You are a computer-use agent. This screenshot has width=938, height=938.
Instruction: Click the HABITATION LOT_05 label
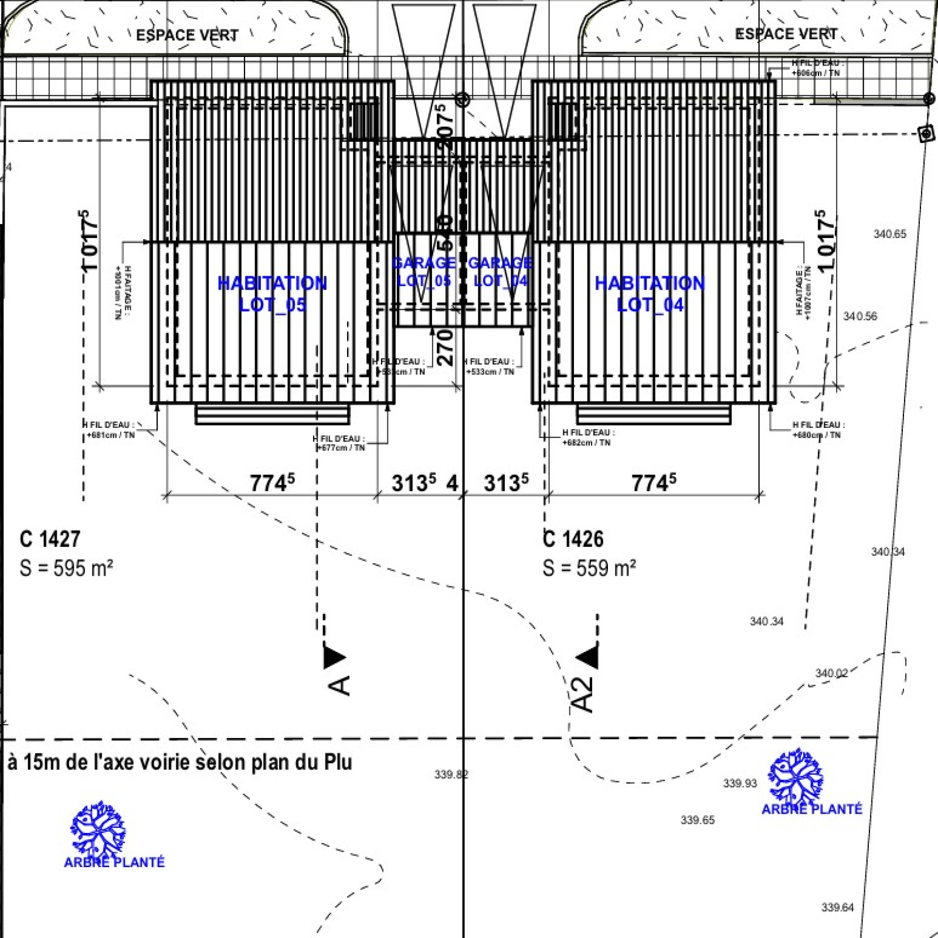[272, 294]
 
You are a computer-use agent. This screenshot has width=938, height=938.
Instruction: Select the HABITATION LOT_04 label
[650, 294]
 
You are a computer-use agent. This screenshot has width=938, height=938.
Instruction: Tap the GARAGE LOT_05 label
[424, 271]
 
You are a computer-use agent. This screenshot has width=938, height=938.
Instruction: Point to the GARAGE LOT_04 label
[500, 271]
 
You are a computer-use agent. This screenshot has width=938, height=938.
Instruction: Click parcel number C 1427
[50, 539]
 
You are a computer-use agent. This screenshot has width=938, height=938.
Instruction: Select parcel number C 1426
[573, 539]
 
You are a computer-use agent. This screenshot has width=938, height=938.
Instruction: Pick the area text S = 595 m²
[66, 568]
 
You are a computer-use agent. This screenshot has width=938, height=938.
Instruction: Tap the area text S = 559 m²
[589, 568]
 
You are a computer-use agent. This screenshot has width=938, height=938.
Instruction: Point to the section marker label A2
[582, 695]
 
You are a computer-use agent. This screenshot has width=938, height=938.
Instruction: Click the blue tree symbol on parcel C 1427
[98, 828]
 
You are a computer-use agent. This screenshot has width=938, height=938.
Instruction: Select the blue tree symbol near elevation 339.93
[796, 776]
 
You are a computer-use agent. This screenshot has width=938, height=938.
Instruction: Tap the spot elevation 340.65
[889, 234]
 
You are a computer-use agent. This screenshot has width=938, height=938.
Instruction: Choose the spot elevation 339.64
[837, 908]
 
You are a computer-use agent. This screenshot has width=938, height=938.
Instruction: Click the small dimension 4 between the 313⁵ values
[452, 484]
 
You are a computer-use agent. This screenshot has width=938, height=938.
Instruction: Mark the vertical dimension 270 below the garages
[446, 347]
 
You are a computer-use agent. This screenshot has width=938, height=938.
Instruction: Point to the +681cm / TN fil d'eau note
[111, 435]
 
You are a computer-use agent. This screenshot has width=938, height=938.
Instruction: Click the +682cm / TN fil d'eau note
[586, 443]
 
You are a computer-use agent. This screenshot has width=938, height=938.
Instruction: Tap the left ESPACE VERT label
[187, 35]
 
